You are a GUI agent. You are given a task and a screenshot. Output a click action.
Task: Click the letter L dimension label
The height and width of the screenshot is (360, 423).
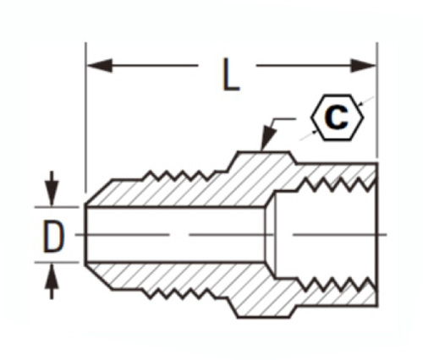[231, 74]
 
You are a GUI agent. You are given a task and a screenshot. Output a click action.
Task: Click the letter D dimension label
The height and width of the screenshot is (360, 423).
[53, 236]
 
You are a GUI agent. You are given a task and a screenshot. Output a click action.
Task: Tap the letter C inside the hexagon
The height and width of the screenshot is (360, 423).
[336, 117]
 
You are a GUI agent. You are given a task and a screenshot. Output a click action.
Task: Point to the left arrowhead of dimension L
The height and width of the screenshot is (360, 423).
[100, 65]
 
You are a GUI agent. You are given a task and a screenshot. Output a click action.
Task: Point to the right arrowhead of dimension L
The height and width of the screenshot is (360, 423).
[363, 65]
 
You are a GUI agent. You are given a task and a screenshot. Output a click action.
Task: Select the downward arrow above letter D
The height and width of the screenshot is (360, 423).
[52, 188]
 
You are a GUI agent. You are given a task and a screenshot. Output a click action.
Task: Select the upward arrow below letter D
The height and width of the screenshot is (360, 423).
[52, 281]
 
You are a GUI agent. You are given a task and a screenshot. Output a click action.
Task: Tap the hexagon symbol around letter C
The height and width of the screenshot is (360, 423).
[337, 117]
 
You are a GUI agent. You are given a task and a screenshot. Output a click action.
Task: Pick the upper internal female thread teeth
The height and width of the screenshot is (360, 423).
[337, 184]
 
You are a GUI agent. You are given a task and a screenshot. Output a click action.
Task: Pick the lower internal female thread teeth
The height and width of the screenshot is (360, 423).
[337, 285]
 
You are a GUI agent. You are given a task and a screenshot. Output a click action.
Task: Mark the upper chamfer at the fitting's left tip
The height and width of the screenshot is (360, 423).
[99, 192]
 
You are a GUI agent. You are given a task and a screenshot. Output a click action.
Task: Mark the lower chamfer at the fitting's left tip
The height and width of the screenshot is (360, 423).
[99, 277]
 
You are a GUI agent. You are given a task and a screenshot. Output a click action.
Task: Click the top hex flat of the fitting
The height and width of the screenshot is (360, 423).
[264, 152]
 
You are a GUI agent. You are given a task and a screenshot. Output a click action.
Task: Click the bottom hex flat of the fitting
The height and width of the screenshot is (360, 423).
[264, 317]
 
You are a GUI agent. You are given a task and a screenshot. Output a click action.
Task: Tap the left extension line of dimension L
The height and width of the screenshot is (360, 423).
[85, 117]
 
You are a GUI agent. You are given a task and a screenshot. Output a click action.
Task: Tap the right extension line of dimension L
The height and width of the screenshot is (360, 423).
[377, 100]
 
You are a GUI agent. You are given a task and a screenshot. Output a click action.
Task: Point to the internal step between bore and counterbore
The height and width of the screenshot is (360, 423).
[270, 234]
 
